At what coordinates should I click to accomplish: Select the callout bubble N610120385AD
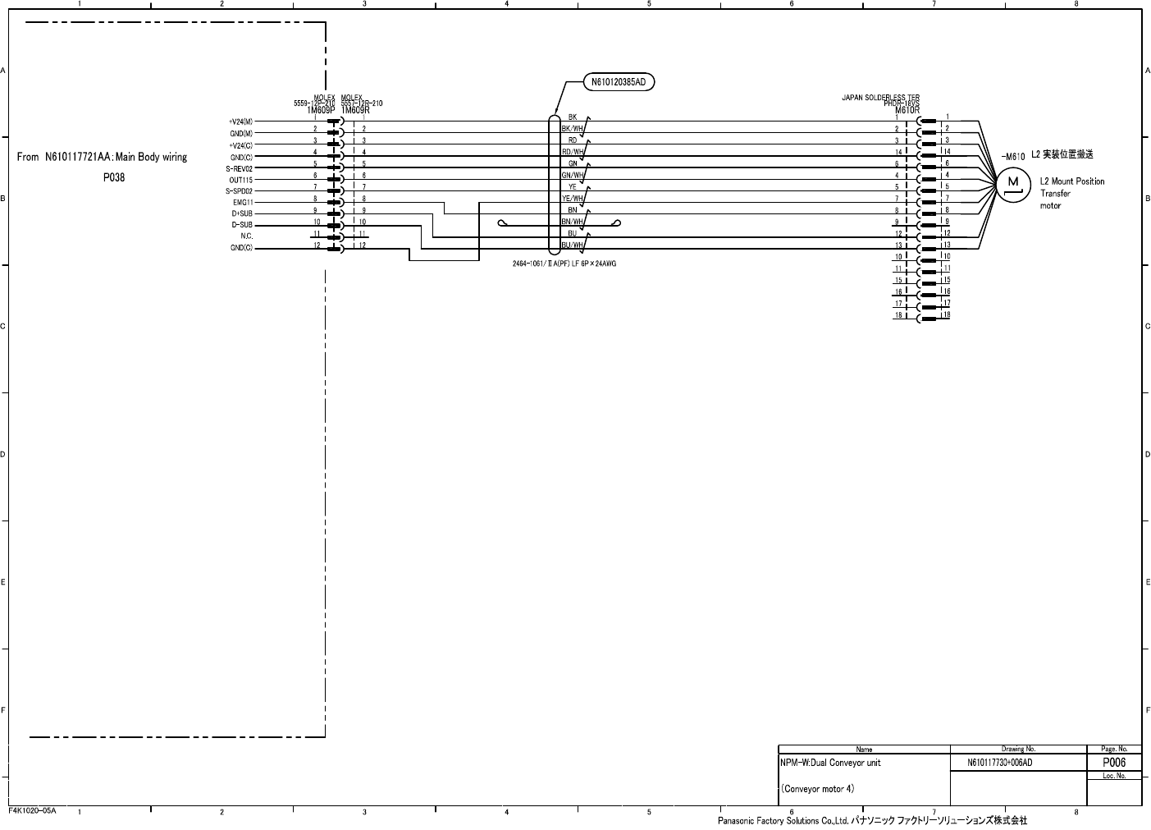tap(619, 82)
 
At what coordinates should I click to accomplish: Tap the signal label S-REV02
tap(240, 168)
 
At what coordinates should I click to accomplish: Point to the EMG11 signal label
tap(243, 202)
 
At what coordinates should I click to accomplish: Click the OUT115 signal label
tap(241, 180)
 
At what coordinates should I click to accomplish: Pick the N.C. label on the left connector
tap(246, 236)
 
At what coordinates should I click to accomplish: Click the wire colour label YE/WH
tap(572, 199)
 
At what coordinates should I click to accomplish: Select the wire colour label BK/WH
tap(572, 129)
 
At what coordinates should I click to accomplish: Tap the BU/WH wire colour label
tap(572, 245)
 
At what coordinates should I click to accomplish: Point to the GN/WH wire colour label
tap(572, 176)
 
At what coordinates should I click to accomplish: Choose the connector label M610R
tap(907, 110)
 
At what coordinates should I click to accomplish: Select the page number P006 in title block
tap(1113, 763)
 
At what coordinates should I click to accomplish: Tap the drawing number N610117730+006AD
tap(999, 764)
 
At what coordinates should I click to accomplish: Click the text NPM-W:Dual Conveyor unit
tap(830, 763)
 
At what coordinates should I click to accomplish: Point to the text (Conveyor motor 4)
tap(817, 789)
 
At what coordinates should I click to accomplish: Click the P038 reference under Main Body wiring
tap(114, 177)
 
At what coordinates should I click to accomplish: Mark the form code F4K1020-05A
tap(32, 810)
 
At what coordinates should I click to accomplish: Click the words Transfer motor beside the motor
tap(1054, 199)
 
